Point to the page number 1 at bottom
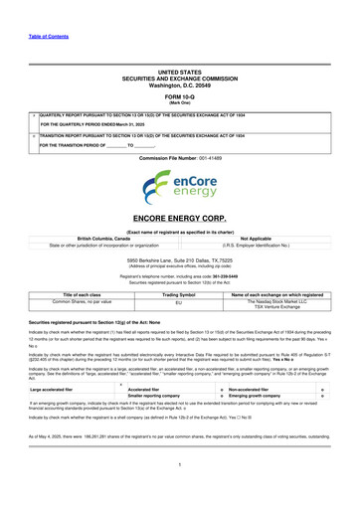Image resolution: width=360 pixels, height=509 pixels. pyautogui.click(x=179, y=491)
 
